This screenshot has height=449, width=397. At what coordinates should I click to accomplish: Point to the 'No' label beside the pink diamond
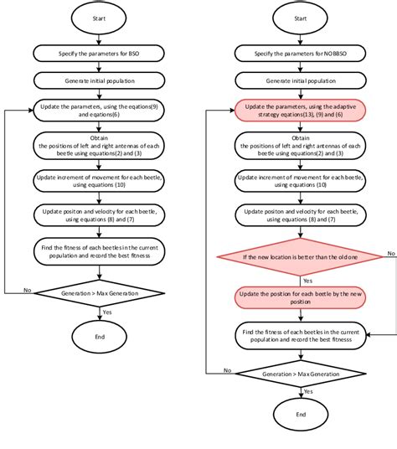(x=389, y=252)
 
